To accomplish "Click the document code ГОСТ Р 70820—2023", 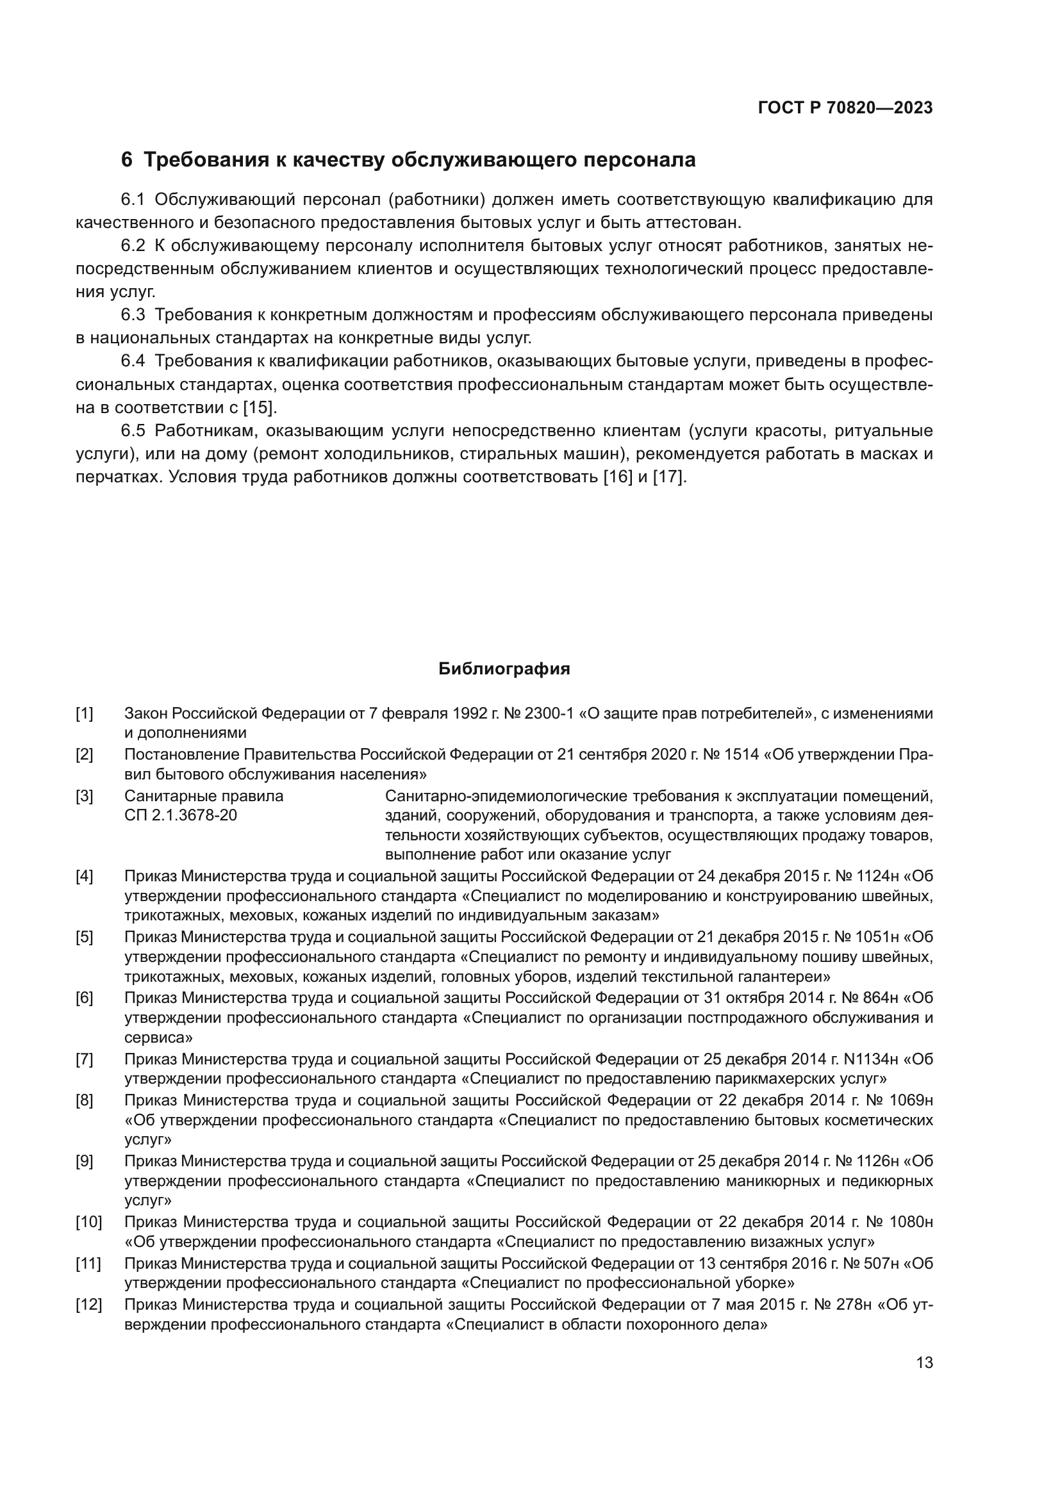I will click(x=845, y=108).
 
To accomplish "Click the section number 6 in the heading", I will click(x=127, y=160).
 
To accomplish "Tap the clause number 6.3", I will click(x=133, y=315).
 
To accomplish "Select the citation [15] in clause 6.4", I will click(x=260, y=408).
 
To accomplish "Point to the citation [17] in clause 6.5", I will click(x=669, y=477).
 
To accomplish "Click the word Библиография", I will click(x=504, y=669).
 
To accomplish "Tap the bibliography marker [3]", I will click(x=84, y=796).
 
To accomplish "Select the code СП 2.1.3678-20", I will click(x=180, y=815).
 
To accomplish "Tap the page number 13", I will click(x=924, y=1363).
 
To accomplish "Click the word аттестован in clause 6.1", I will click(x=691, y=222).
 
